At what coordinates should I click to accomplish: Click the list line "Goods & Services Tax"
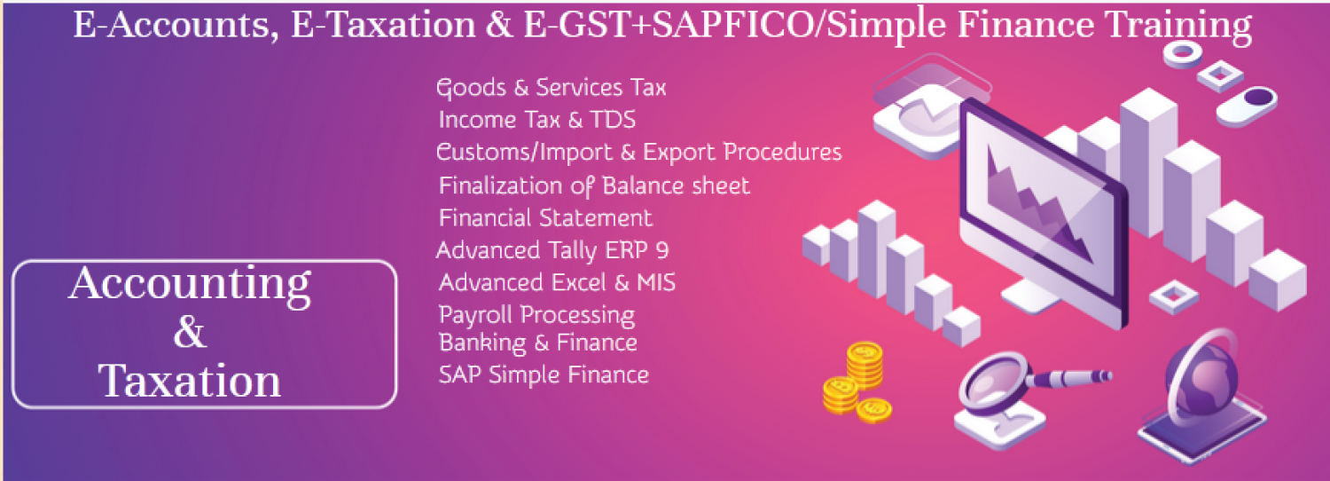551,88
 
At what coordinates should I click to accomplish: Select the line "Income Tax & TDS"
536,120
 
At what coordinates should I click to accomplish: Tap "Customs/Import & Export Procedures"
638,153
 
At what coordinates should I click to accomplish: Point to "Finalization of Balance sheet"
594,186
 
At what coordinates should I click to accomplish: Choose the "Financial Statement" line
545,218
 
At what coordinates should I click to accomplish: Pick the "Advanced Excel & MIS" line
557,283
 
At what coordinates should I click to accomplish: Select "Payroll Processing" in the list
536,314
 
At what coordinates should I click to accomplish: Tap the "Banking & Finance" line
537,343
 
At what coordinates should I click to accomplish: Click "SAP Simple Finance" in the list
543,375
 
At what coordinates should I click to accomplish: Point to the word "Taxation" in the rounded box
190,382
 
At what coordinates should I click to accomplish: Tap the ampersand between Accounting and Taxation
190,334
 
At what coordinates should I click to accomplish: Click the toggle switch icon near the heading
1247,104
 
